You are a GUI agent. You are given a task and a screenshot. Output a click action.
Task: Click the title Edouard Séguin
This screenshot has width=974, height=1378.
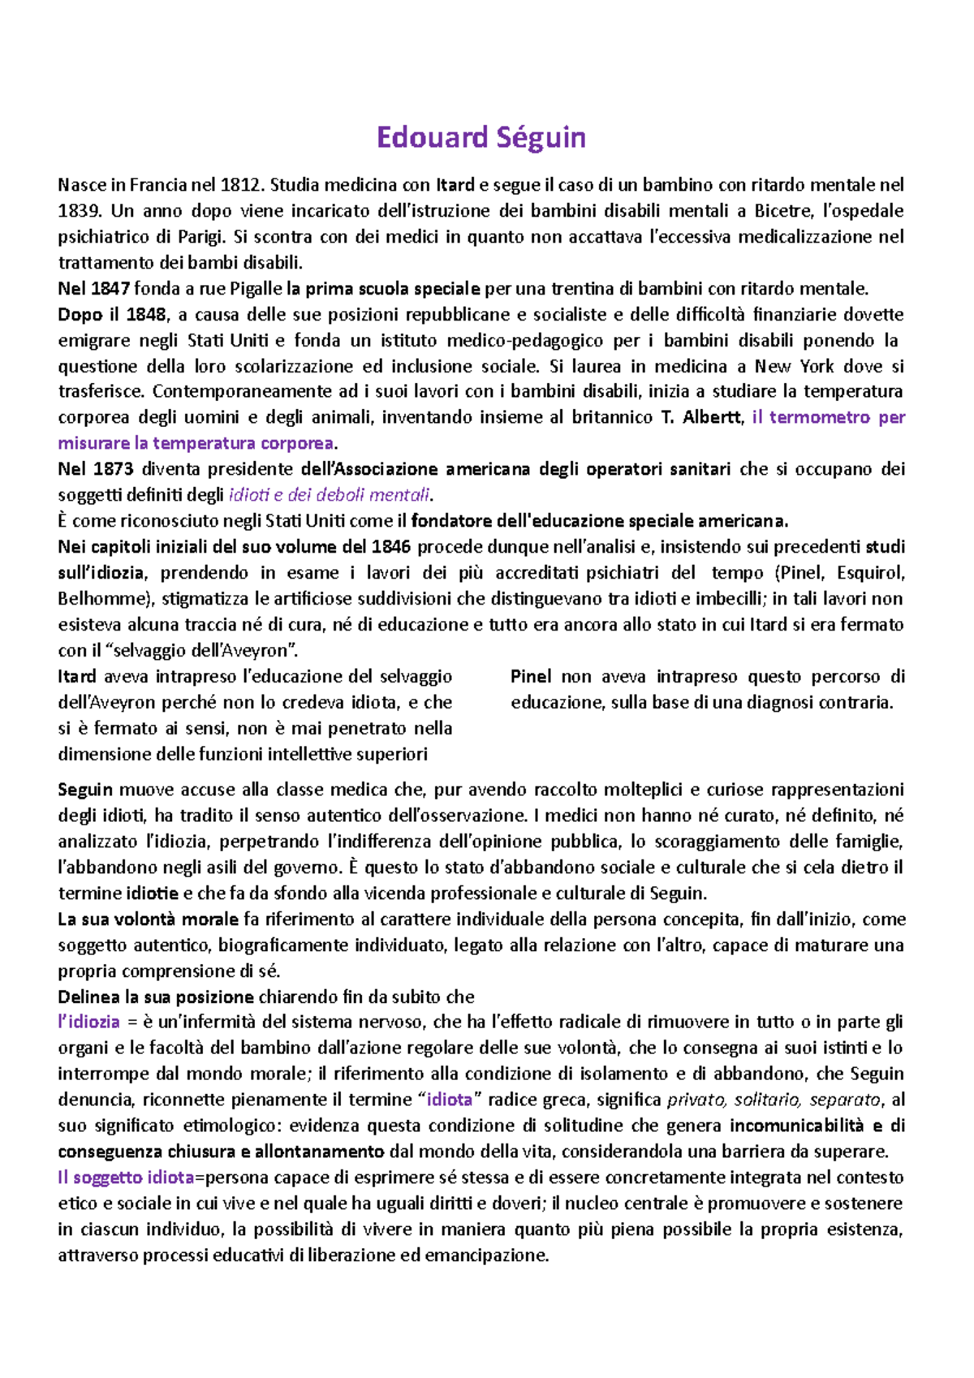click(x=481, y=137)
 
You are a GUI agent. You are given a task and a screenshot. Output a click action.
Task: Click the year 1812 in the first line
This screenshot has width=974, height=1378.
click(x=241, y=185)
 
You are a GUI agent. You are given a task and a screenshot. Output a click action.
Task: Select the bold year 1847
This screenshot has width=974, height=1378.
click(x=110, y=289)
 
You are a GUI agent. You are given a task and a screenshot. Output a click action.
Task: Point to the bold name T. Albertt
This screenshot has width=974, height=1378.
click(x=702, y=418)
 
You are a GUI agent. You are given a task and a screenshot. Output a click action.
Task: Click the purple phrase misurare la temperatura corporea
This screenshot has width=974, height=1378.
click(x=196, y=444)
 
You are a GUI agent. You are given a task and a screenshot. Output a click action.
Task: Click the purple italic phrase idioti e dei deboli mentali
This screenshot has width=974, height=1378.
click(x=330, y=495)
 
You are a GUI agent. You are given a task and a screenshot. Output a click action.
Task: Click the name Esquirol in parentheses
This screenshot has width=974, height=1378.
click(x=868, y=573)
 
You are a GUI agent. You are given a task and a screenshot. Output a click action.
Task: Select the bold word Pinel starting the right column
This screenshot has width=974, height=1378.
click(x=531, y=677)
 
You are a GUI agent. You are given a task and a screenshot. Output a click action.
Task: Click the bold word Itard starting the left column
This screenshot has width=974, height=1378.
click(x=77, y=677)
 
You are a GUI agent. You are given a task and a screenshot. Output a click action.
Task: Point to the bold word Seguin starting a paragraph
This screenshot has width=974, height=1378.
click(x=85, y=790)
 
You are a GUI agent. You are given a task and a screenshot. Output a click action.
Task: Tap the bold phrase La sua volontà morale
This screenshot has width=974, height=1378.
click(x=148, y=919)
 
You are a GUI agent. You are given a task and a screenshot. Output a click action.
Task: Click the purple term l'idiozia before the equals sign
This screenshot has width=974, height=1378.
click(x=88, y=1023)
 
